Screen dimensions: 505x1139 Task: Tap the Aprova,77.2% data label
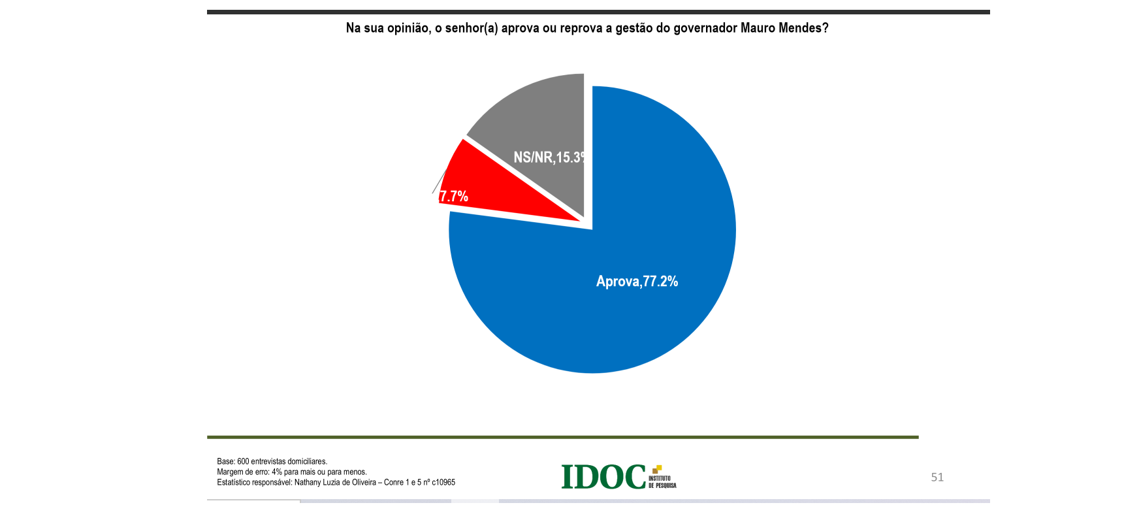click(x=637, y=282)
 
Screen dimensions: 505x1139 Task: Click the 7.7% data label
click(x=454, y=196)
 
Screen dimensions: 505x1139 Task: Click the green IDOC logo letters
click(x=603, y=477)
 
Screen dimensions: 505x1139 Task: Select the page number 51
click(x=937, y=478)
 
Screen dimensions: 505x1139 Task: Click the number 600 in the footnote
click(x=243, y=462)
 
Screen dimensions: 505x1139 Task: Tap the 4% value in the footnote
click(x=277, y=472)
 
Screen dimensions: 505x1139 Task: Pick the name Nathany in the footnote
click(x=308, y=483)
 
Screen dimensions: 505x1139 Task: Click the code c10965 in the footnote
click(x=443, y=483)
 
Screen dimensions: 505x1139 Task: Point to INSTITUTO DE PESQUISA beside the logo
click(x=662, y=482)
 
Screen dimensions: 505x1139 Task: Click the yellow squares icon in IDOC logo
click(x=657, y=469)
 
